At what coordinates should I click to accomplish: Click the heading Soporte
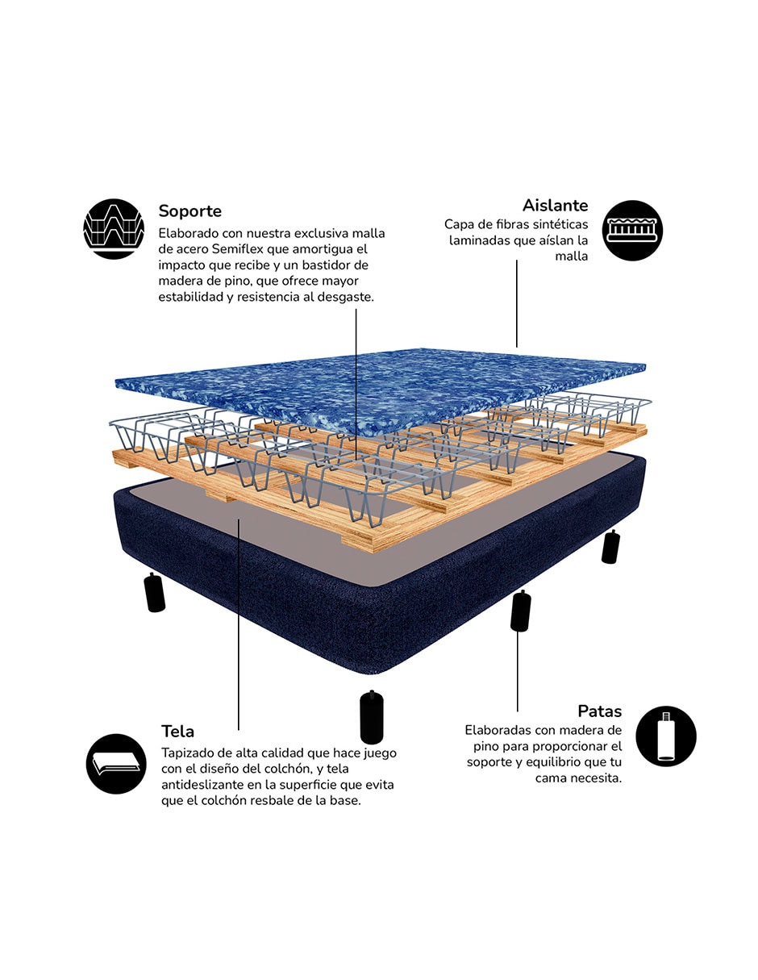[x=189, y=211]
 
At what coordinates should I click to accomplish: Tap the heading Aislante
[x=556, y=206]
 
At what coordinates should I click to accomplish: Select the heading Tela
[x=177, y=731]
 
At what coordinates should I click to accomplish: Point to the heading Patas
[x=599, y=711]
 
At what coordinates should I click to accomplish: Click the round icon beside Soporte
[x=114, y=228]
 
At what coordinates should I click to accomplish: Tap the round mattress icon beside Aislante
[x=633, y=231]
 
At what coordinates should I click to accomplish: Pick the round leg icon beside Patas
[x=666, y=736]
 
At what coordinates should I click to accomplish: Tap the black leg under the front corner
[x=372, y=716]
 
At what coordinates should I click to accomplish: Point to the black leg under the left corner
[x=154, y=592]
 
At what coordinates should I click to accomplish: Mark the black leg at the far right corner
[x=610, y=547]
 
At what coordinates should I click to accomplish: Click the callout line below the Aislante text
[x=516, y=303]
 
